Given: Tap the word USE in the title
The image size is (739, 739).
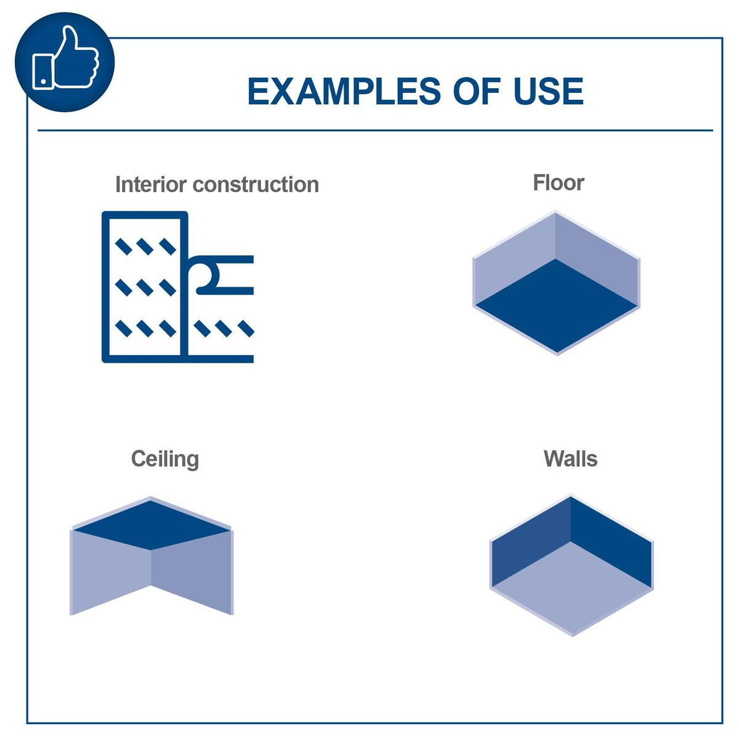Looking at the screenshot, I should [548, 91].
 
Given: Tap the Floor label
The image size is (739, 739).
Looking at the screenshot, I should [558, 182].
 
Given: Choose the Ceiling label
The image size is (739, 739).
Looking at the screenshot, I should [164, 459].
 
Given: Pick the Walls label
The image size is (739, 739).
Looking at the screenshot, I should [570, 459].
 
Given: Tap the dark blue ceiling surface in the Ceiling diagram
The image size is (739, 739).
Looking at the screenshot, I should [151, 525].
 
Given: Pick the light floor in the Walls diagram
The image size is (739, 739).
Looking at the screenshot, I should [571, 588].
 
